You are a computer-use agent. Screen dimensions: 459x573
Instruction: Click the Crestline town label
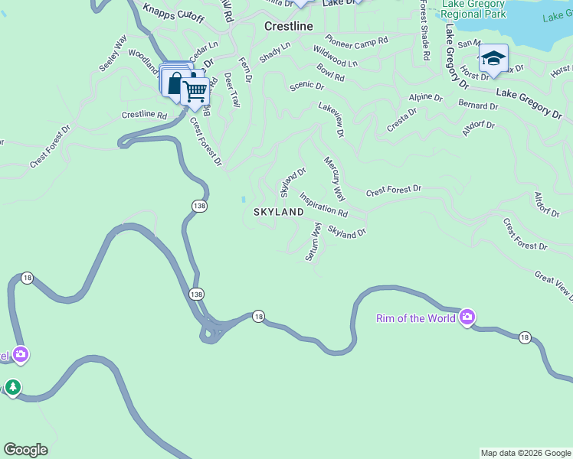click(289, 26)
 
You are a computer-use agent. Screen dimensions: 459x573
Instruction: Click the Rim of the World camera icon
click(467, 317)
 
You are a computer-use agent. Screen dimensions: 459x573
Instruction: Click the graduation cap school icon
click(493, 58)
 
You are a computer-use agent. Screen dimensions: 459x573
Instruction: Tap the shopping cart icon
click(195, 91)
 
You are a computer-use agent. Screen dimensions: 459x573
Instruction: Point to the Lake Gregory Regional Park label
click(473, 8)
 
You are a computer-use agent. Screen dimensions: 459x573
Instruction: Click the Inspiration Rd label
click(323, 203)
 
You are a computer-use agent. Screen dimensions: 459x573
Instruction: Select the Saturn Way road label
click(313, 242)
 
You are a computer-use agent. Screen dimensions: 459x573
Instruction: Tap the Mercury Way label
click(335, 175)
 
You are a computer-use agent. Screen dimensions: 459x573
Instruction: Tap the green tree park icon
click(12, 388)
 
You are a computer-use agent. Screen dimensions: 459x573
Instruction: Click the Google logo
click(25, 450)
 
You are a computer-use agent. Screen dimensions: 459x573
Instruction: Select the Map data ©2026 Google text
click(525, 453)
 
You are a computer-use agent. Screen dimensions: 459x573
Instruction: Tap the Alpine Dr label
click(426, 98)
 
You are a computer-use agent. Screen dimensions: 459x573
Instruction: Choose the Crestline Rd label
click(144, 115)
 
